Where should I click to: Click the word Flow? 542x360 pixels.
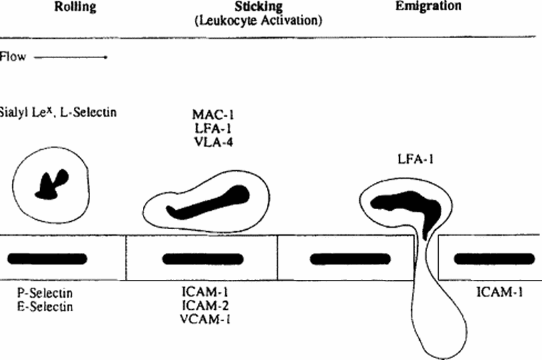tap(13, 57)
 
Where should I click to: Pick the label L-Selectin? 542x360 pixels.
tap(89, 112)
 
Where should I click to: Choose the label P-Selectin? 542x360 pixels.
tap(46, 294)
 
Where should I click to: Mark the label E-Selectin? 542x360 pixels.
tap(46, 307)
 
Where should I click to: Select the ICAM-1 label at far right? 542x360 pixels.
tap(499, 291)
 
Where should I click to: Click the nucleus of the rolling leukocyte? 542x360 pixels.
tap(52, 184)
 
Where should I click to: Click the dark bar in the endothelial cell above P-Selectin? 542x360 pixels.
tap(47, 258)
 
